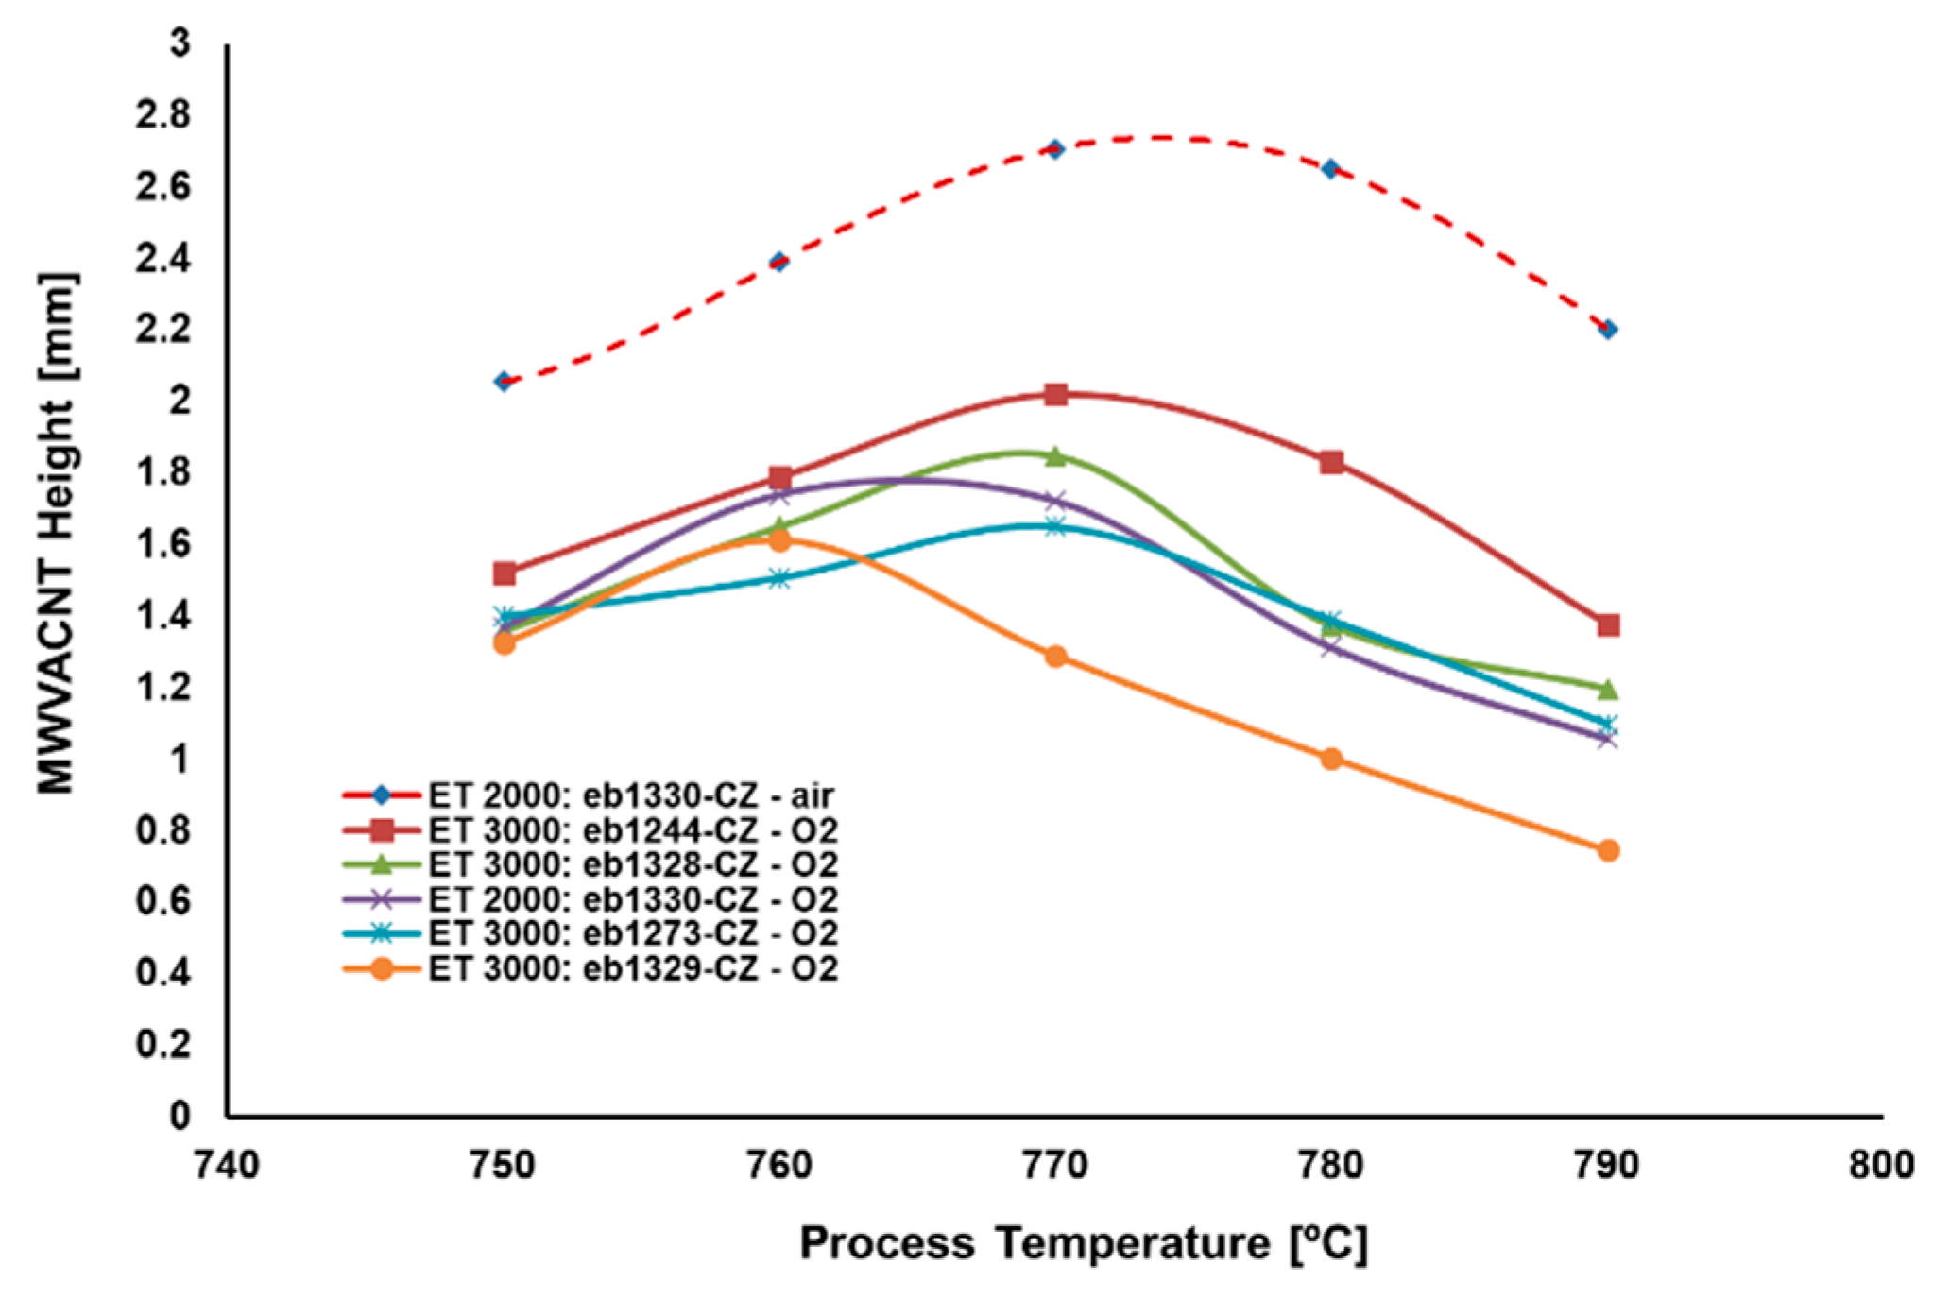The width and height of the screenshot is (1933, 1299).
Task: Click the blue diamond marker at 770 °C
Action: coord(1055,149)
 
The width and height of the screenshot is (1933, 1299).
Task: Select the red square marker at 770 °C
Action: coord(1056,394)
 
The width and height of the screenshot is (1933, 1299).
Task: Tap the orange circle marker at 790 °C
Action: coord(1608,850)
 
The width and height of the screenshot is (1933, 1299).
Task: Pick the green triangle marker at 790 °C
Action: coord(1608,689)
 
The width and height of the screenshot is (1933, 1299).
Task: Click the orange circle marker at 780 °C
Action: coord(1331,759)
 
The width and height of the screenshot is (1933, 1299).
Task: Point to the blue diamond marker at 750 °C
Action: coord(504,382)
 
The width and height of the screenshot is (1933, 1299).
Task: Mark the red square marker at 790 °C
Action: coord(1608,625)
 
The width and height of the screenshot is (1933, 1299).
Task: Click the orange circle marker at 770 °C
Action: coord(1056,656)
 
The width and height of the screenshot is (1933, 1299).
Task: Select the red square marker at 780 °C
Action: coord(1332,462)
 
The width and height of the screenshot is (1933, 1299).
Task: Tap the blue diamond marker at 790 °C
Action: coord(1608,329)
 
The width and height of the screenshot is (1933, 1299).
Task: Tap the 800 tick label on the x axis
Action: coord(1881,1165)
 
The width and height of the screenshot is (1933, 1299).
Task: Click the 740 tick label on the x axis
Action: coord(227,1165)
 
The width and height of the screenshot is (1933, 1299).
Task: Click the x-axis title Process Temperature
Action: coord(1083,1243)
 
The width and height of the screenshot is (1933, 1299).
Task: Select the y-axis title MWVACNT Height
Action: coord(57,534)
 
